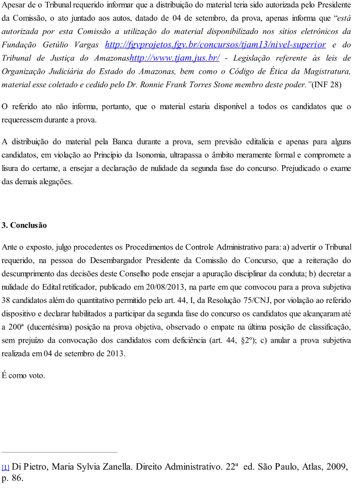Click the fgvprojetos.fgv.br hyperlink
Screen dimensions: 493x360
[x=215, y=45]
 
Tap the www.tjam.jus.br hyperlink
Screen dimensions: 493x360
[x=175, y=58]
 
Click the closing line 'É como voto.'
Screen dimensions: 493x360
[x=23, y=375]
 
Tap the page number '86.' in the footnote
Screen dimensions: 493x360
[x=17, y=479]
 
